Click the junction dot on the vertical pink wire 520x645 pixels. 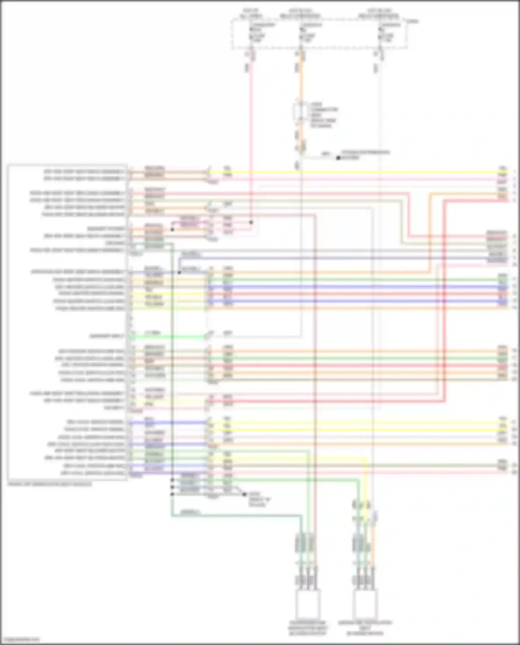(251, 222)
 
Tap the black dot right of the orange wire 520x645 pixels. (338, 158)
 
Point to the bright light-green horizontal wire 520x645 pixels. (166, 337)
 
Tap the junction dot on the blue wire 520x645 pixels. (179, 272)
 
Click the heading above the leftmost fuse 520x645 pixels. (251, 14)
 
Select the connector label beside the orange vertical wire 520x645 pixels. (322, 115)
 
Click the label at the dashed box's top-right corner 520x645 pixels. (413, 21)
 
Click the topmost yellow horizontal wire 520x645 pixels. (347, 172)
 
